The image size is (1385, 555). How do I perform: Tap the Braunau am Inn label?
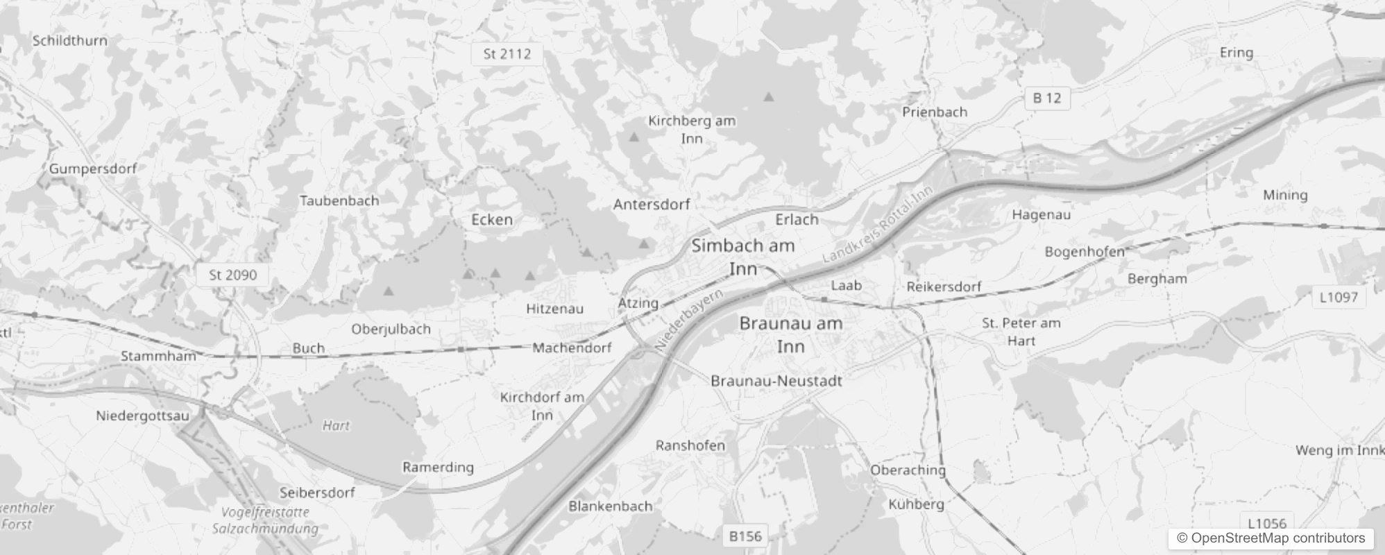[790, 334]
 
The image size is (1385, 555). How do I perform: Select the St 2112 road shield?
[507, 53]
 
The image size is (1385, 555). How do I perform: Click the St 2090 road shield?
[232, 275]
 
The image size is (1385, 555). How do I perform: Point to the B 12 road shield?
[1046, 98]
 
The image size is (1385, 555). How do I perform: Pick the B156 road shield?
[745, 536]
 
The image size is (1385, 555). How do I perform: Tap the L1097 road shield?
[1338, 297]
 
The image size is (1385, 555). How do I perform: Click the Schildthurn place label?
[70, 40]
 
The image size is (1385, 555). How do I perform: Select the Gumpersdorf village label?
[93, 168]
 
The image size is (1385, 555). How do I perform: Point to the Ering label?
[1236, 53]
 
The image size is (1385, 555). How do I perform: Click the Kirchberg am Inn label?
[691, 129]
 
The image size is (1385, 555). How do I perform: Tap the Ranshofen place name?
[690, 445]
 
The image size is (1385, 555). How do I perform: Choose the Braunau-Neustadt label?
[776, 380]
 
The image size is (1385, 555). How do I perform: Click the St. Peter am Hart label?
[1021, 332]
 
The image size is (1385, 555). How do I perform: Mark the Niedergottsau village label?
[142, 416]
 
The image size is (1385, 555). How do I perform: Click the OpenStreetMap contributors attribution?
[1271, 538]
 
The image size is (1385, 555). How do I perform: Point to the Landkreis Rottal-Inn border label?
[878, 223]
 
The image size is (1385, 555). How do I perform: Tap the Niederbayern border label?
[688, 319]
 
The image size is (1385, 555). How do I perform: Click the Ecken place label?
[492, 219]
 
